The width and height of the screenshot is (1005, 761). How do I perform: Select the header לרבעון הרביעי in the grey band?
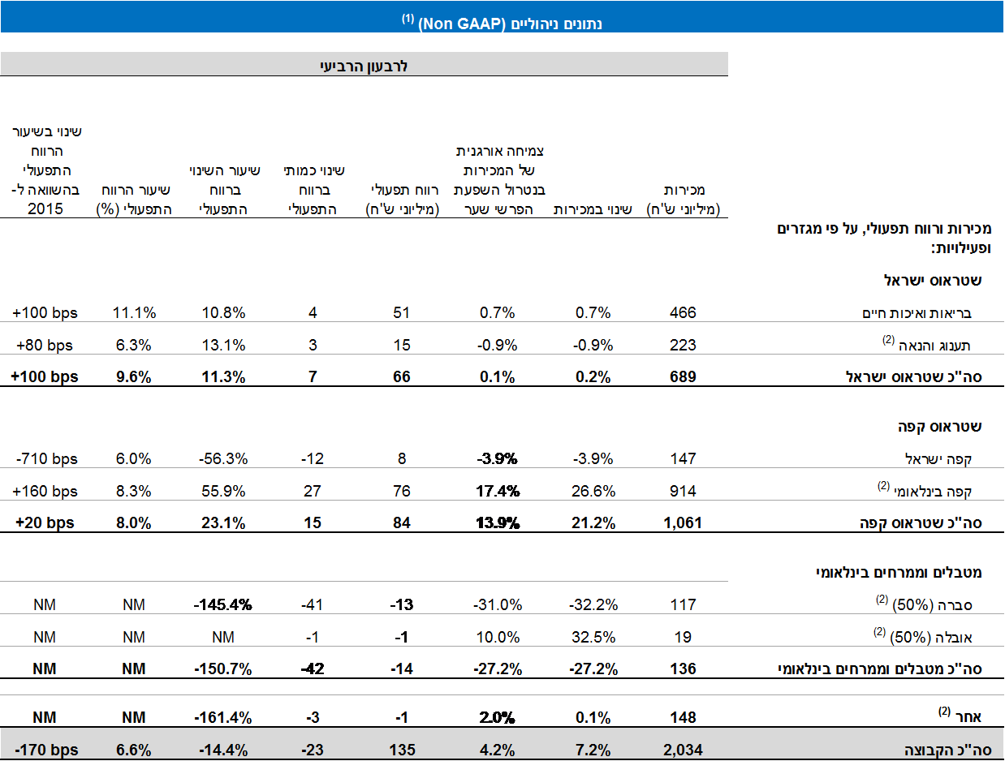click(364, 66)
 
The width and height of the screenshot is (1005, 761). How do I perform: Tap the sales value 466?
click(683, 312)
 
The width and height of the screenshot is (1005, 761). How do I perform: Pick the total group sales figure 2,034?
click(683, 749)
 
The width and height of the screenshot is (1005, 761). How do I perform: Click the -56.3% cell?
click(223, 458)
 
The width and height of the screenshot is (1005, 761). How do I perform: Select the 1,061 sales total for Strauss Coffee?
click(683, 522)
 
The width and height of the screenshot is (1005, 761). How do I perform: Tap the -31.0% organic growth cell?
click(497, 604)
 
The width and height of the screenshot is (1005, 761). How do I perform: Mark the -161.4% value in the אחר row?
click(223, 717)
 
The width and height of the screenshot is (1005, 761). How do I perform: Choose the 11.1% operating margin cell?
click(134, 312)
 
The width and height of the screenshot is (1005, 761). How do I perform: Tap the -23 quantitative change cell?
click(313, 749)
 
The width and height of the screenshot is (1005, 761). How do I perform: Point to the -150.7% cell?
click(223, 669)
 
